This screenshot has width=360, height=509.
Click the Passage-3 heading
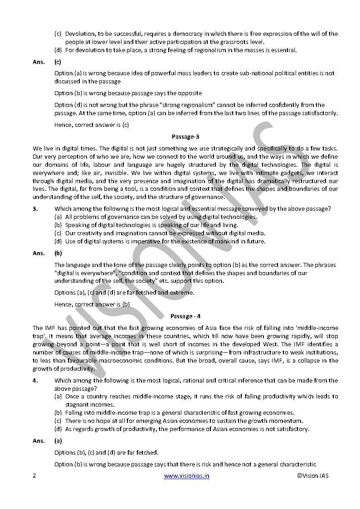click(x=185, y=136)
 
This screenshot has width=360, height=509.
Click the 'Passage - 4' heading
click(x=185, y=316)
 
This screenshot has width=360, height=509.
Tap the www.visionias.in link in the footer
click(x=186, y=475)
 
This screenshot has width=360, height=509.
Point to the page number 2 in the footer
click(x=34, y=475)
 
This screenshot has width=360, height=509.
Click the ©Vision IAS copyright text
click(x=313, y=475)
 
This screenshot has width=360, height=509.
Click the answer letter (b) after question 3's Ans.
click(x=58, y=253)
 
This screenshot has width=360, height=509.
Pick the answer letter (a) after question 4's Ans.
click(x=58, y=441)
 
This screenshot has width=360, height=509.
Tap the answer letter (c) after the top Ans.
click(x=58, y=61)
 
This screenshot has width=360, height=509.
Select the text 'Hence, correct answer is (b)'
click(x=92, y=304)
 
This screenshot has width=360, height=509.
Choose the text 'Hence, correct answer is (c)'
click(x=92, y=125)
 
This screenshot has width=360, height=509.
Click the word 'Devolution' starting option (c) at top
click(x=79, y=34)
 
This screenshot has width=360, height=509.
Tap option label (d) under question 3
click(x=58, y=241)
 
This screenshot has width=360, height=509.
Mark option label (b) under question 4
click(x=58, y=412)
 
